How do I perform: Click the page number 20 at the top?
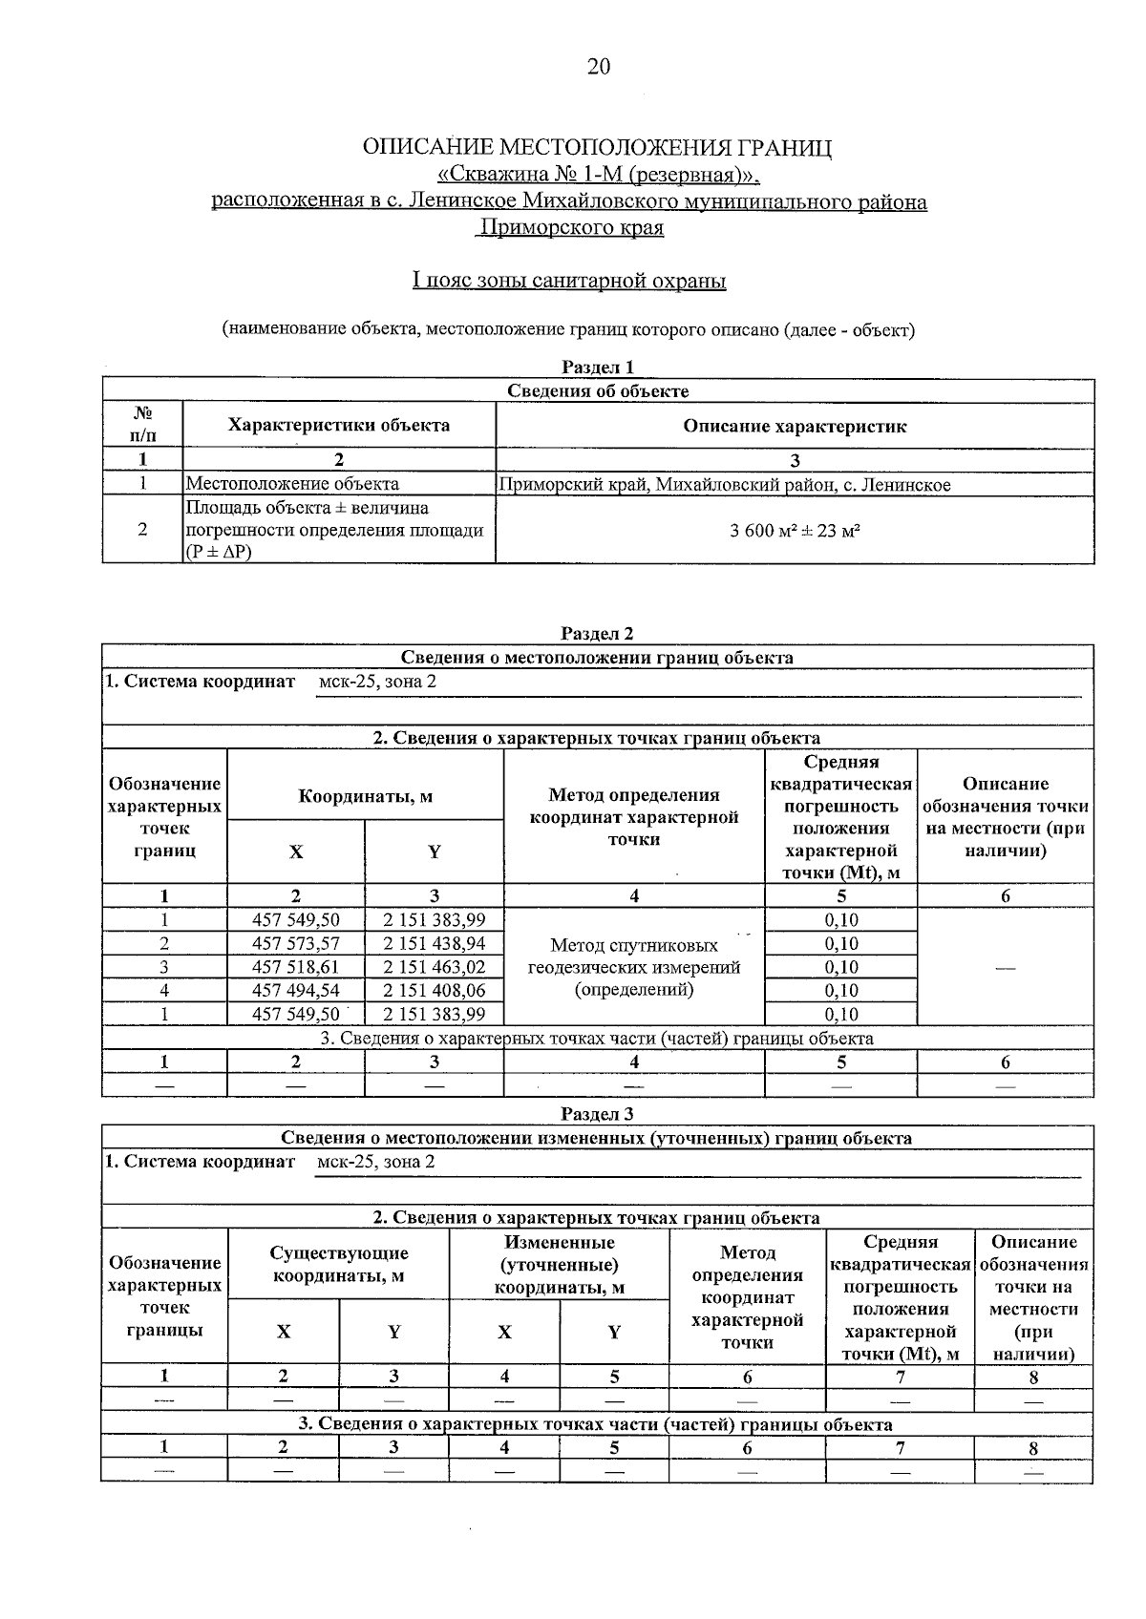[x=598, y=66]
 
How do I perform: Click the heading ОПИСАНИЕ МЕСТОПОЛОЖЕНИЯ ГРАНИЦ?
[x=597, y=148]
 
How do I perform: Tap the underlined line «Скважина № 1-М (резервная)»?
[x=598, y=176]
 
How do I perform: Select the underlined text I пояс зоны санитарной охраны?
[x=569, y=281]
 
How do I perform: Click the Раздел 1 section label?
[x=598, y=367]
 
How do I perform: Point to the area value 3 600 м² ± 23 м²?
[x=795, y=530]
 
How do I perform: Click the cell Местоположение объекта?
[x=292, y=484]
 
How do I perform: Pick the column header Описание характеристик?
[x=795, y=426]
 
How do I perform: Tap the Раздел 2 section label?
[x=598, y=633]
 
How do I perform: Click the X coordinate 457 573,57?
[x=295, y=943]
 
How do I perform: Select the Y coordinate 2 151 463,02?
[x=435, y=966]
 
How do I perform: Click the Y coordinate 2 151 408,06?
[x=435, y=990]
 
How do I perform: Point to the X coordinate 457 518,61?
[x=295, y=966]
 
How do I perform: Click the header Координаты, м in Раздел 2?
[x=365, y=796]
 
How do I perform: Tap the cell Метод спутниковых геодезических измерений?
[x=634, y=966]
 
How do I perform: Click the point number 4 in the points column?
[x=164, y=990]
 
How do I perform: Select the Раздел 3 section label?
[x=598, y=1113]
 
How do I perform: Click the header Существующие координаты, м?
[x=339, y=1264]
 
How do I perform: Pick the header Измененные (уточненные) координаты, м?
[x=559, y=1264]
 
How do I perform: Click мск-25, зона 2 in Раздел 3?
[x=375, y=1161]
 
